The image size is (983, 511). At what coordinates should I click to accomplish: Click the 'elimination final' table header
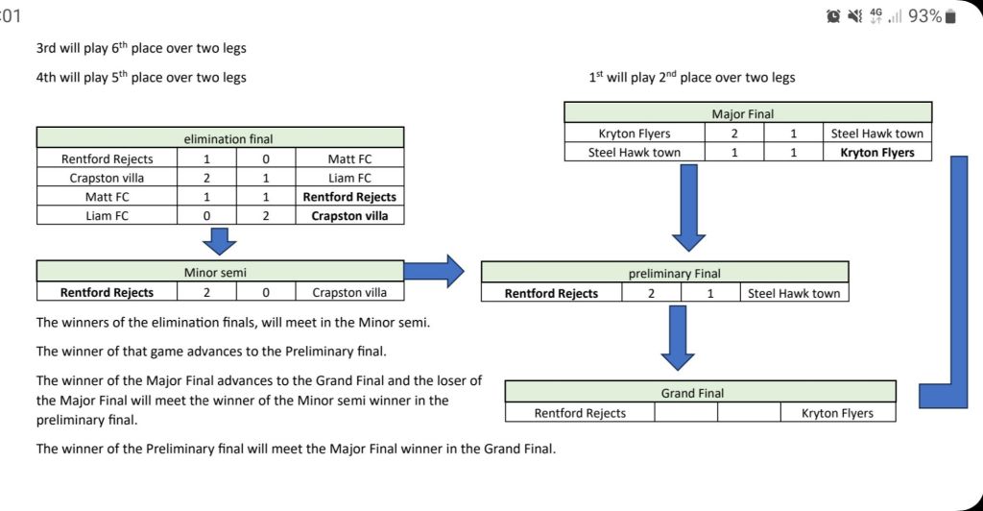(220, 138)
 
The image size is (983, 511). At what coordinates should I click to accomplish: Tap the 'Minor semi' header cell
(220, 272)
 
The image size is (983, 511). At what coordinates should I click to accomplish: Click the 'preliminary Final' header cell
(664, 273)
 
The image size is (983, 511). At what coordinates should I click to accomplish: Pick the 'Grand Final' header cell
(700, 393)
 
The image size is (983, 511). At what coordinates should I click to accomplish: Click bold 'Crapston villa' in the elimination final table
(350, 215)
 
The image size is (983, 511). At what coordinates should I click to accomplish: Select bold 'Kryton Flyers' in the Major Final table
(877, 152)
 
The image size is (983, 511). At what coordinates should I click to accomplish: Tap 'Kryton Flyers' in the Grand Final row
(838, 413)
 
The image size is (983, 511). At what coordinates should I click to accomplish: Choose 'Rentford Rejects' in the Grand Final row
(580, 413)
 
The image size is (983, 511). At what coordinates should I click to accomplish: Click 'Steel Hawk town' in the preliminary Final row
(794, 293)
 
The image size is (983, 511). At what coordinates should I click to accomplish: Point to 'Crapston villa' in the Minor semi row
(350, 292)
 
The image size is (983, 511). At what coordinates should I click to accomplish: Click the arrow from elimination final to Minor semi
(219, 241)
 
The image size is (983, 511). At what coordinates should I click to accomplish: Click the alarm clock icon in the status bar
(833, 16)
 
